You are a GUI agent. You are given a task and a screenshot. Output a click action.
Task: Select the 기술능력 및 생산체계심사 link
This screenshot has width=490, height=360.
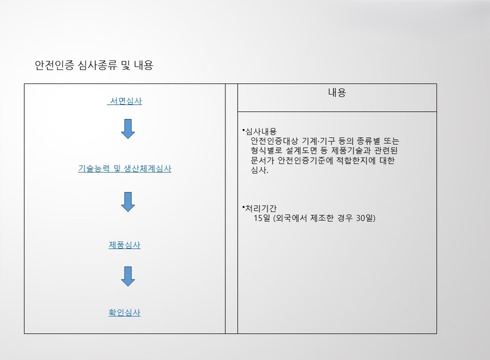pyautogui.click(x=124, y=169)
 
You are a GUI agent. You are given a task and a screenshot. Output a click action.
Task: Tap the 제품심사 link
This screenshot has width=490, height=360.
pyautogui.click(x=124, y=245)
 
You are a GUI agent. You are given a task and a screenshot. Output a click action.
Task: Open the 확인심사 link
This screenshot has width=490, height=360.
pyautogui.click(x=124, y=312)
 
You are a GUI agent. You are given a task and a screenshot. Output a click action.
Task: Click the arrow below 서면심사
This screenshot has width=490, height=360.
pyautogui.click(x=128, y=129)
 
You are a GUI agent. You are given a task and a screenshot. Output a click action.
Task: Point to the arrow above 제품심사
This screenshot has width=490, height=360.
pyautogui.click(x=128, y=202)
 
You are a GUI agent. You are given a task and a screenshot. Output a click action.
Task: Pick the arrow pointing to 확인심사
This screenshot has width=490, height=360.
pyautogui.click(x=128, y=276)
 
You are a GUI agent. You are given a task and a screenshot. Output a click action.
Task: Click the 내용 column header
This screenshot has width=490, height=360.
pyautogui.click(x=337, y=92)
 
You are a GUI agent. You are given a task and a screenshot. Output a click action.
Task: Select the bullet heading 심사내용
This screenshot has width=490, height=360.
pyautogui.click(x=261, y=131)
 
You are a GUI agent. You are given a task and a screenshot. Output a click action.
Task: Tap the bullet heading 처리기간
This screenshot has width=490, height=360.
pyautogui.click(x=261, y=208)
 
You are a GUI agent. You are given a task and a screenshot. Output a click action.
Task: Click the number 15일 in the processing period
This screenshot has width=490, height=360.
pyautogui.click(x=262, y=218)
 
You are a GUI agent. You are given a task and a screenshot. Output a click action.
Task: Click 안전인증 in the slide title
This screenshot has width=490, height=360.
pyautogui.click(x=54, y=65)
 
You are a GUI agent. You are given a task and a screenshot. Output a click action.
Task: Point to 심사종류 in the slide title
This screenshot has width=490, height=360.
pyautogui.click(x=97, y=65)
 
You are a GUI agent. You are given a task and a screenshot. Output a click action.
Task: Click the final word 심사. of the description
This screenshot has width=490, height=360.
pyautogui.click(x=259, y=170)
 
